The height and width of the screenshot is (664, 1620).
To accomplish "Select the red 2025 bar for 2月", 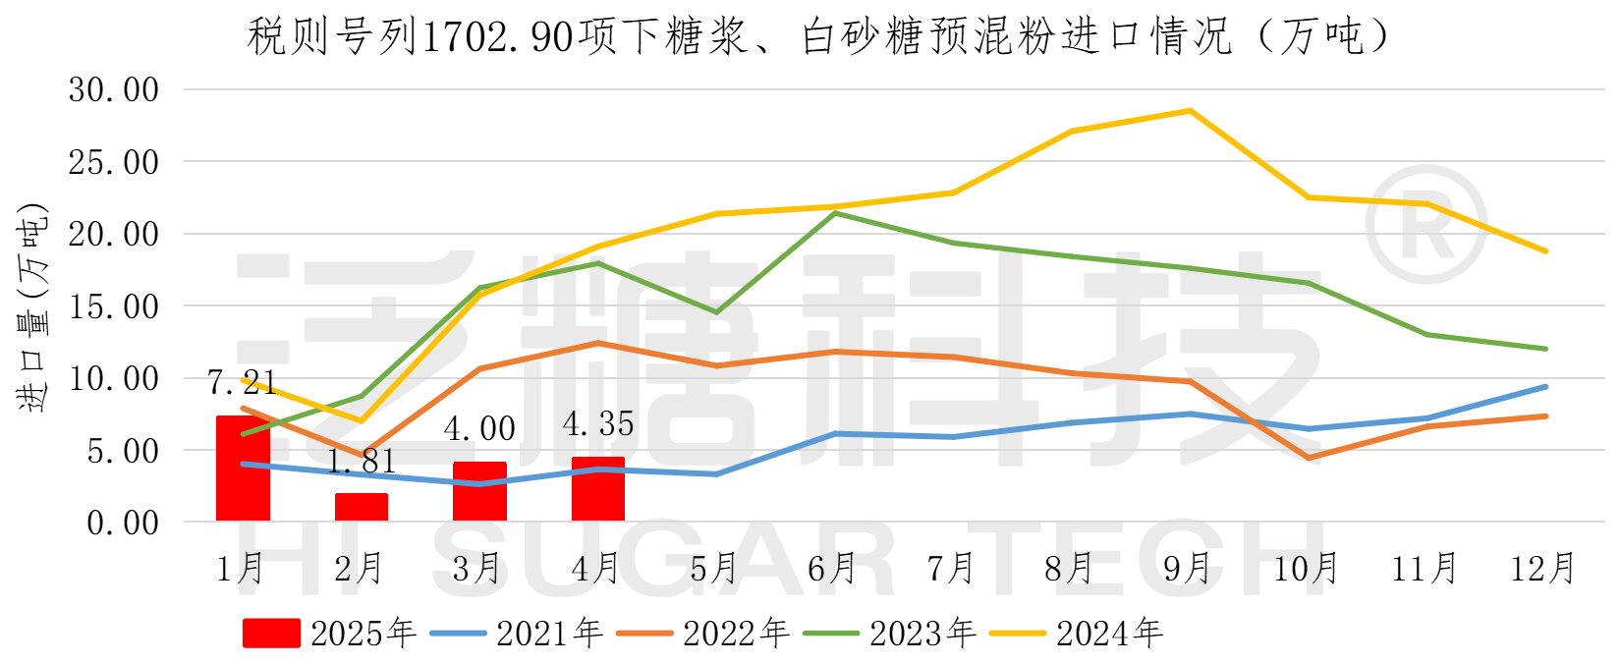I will point(362,508).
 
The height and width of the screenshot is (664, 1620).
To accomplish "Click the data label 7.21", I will point(242,382).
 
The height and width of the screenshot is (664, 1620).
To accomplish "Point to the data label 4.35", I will point(598,424).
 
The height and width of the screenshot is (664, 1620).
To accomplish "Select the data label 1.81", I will point(362,461).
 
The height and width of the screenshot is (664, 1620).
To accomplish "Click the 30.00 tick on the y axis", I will point(114,90).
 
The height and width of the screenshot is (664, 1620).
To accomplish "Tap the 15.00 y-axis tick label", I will point(114,306).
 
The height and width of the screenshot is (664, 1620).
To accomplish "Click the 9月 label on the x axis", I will point(1188,568).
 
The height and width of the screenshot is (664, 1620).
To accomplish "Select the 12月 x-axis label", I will point(1542,568).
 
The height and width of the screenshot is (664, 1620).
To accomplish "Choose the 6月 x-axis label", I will point(832,568).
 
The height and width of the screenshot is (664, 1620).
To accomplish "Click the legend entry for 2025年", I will point(330,634).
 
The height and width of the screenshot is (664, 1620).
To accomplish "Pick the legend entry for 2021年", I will point(517,634).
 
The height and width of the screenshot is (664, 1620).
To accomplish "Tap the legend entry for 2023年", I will point(890,634).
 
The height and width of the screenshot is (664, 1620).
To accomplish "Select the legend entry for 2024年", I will point(1077,634).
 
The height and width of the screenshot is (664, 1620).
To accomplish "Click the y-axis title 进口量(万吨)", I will point(31,306).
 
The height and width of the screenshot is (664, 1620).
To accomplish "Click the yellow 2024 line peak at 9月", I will point(1190,111).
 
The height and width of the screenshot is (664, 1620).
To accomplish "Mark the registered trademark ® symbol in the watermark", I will point(1425,227).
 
